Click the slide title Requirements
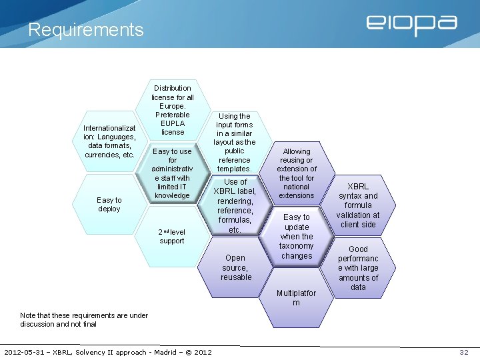click(x=85, y=30)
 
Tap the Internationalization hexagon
click(x=109, y=141)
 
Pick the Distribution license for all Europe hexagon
click(x=173, y=110)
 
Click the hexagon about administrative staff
click(x=172, y=173)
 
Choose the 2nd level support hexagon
click(x=172, y=236)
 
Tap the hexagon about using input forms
click(x=234, y=142)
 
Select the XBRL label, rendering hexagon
click(x=234, y=205)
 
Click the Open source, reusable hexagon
click(x=236, y=267)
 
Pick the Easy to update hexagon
click(x=297, y=236)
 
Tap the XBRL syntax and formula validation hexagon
click(x=358, y=205)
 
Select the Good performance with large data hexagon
click(x=358, y=268)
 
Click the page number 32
click(x=464, y=352)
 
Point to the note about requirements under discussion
click(x=84, y=319)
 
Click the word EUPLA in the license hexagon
click(x=173, y=123)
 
